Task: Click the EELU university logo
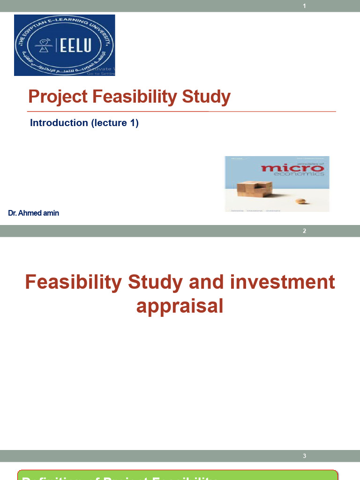(64, 45)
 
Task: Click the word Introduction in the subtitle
(59, 123)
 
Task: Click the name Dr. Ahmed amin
(34, 213)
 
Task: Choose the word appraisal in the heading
(180, 306)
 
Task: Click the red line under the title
(181, 112)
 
